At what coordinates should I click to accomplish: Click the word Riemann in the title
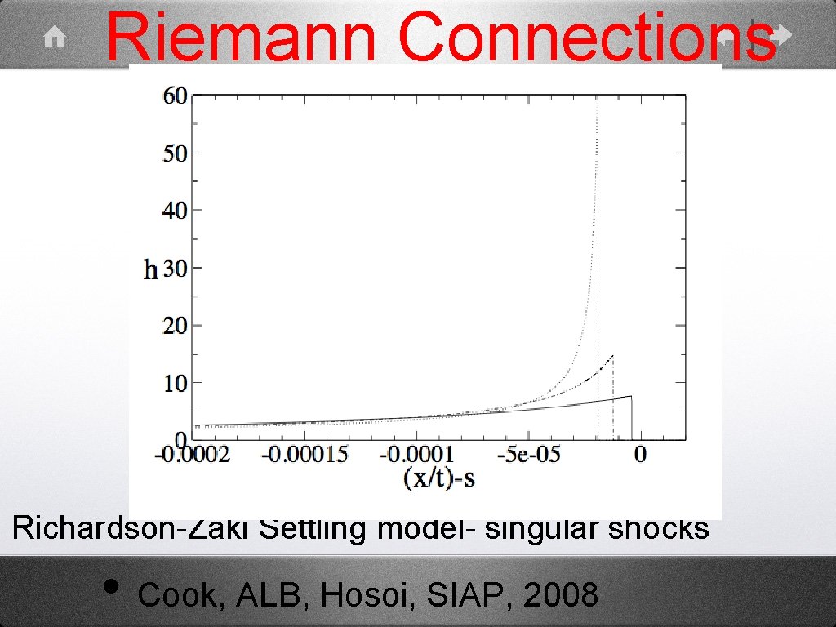241,37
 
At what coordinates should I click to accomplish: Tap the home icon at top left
56,36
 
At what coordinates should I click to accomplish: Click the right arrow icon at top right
780,34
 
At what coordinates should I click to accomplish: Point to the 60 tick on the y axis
176,96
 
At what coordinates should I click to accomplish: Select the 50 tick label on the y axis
176,153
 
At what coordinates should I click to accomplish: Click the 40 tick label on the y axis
176,211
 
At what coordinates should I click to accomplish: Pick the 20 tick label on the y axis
176,326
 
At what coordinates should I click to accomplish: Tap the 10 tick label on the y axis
176,383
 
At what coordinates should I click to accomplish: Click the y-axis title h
150,270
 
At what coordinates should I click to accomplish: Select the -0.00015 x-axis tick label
303,453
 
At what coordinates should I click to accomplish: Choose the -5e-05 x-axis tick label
531,453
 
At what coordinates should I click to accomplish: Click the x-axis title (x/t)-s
439,478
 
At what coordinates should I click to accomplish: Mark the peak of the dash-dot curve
612,356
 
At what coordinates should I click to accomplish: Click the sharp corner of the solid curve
630,396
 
